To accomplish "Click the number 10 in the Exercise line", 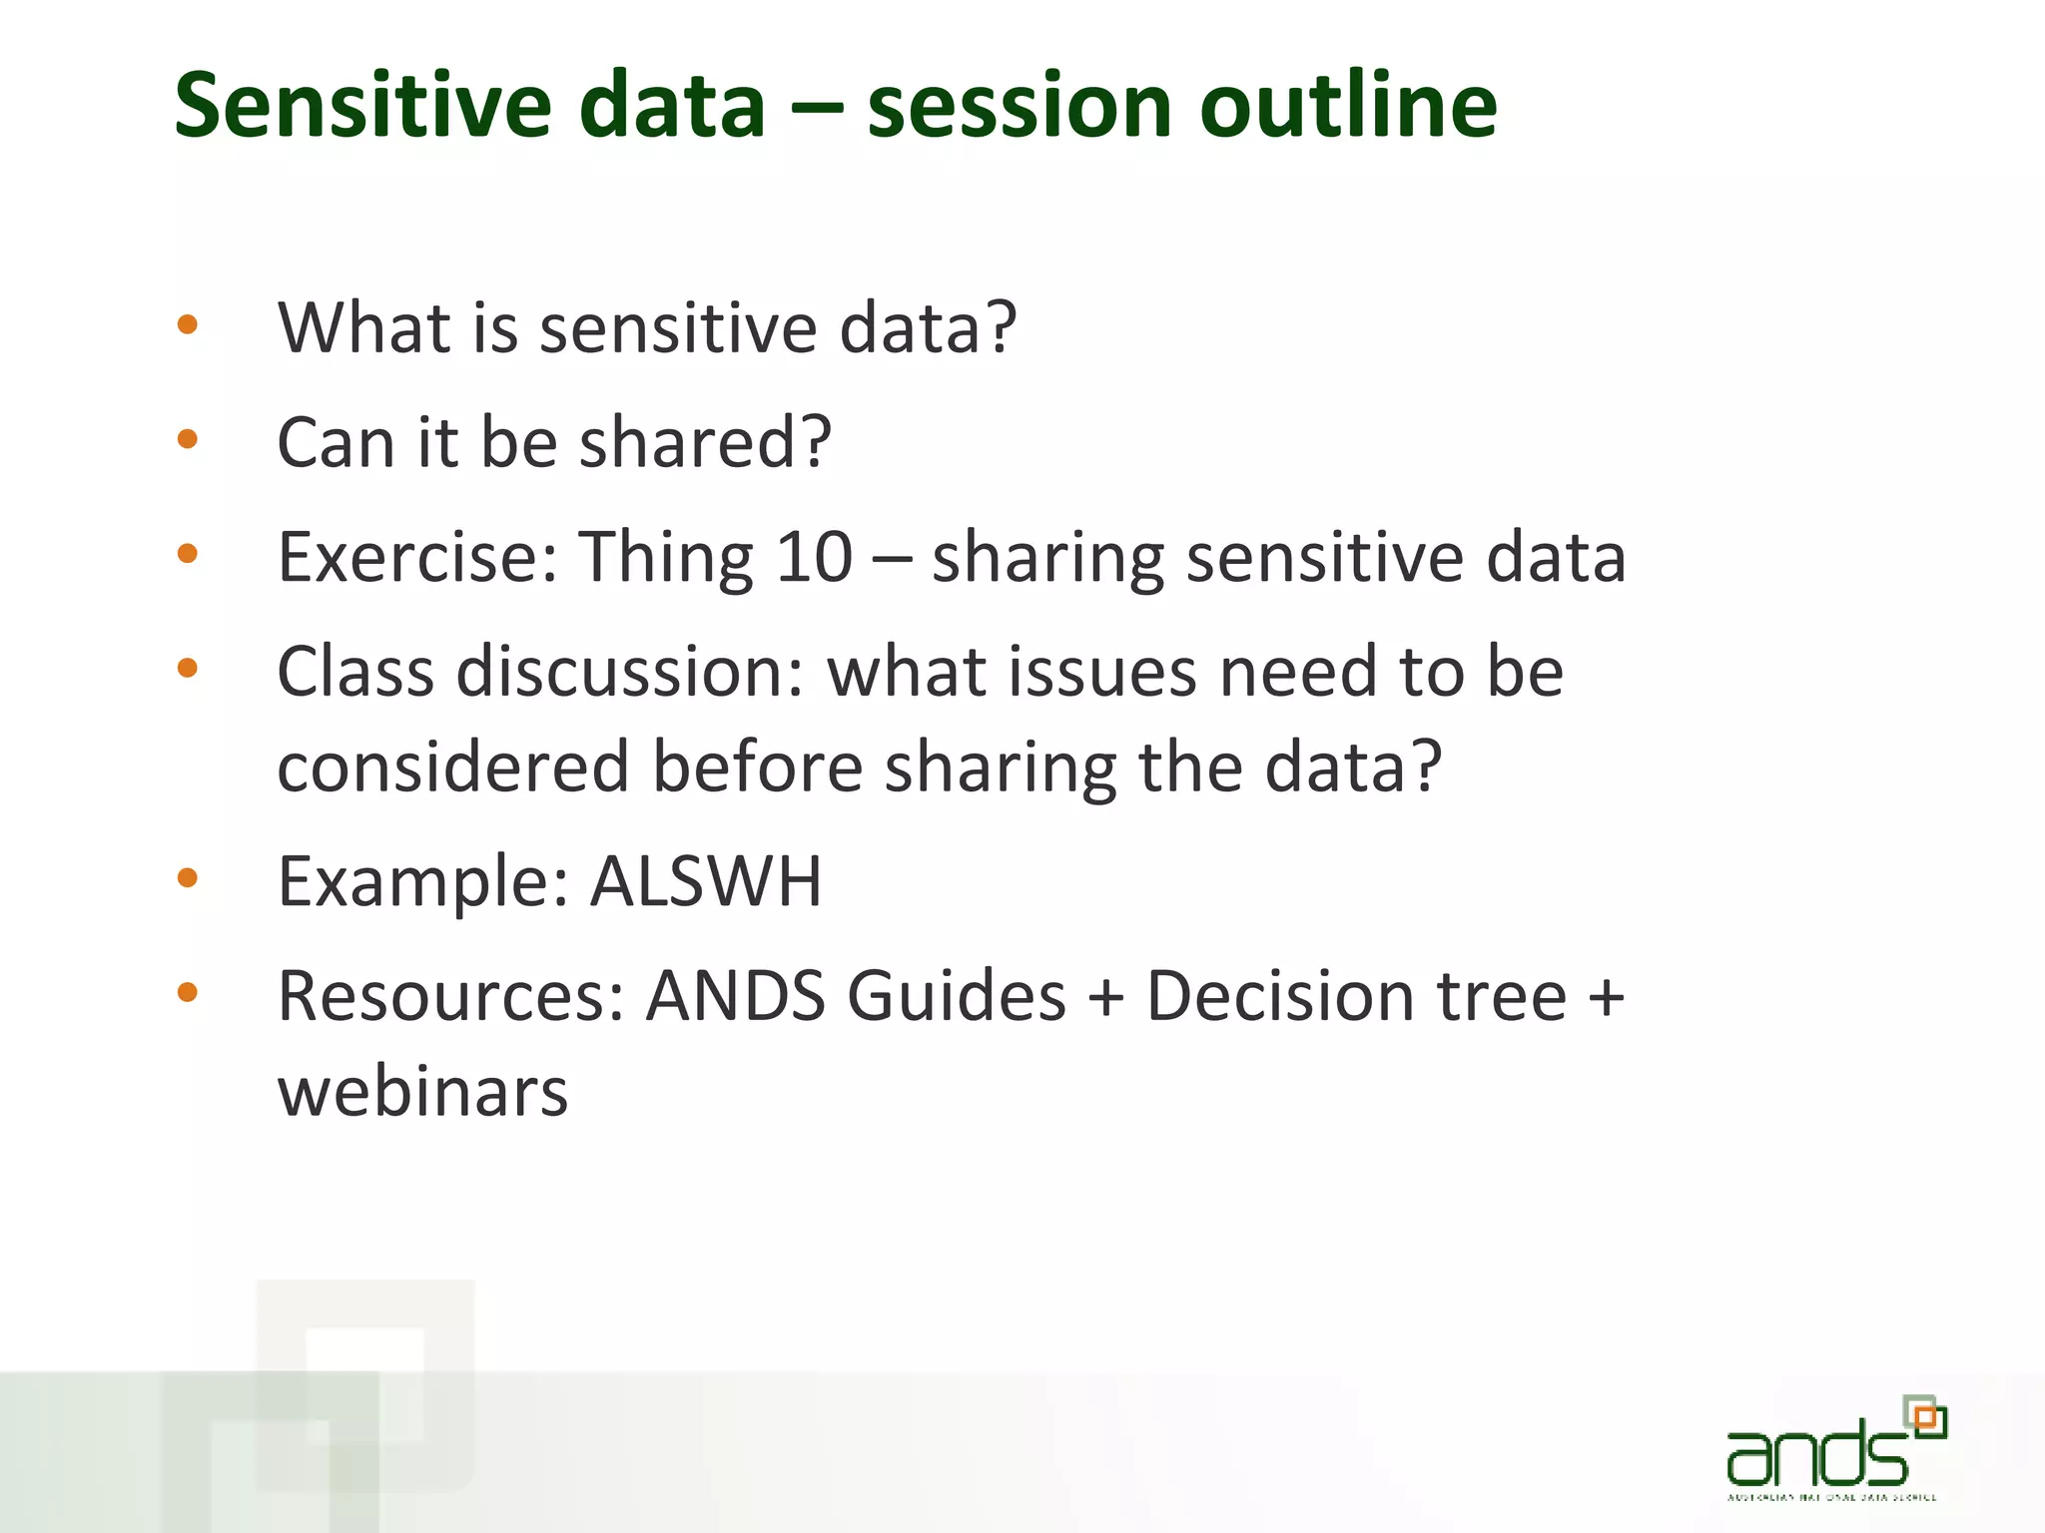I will pos(814,556).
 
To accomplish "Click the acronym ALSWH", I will pos(705,881).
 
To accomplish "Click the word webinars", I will pos(422,1091).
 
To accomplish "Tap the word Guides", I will pos(957,996).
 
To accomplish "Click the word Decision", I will pos(1279,996).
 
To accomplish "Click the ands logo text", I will pos(1816,1455).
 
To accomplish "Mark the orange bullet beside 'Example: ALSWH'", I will pos(187,877).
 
